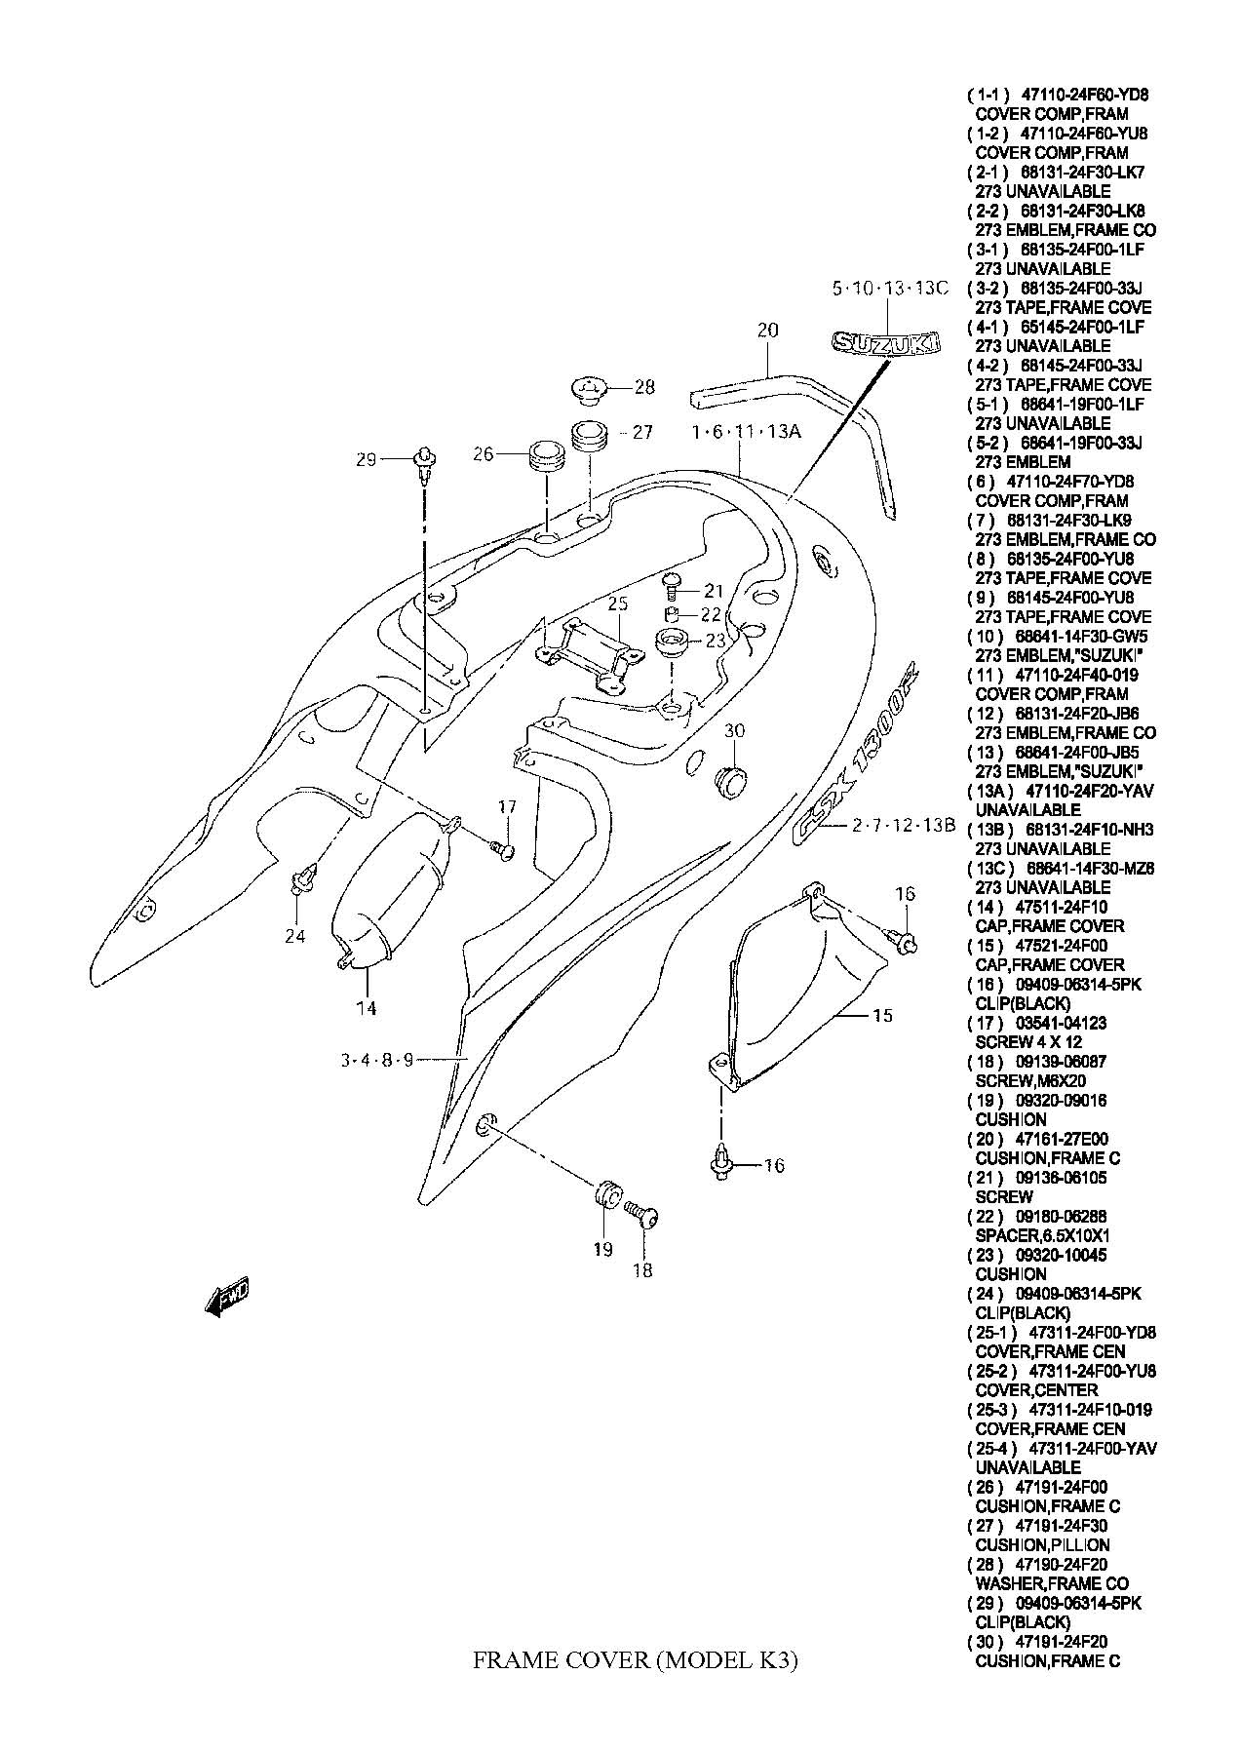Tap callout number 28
644,387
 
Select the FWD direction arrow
228,1298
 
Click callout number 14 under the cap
366,1008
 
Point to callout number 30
734,730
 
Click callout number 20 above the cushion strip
767,331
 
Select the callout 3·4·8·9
377,1061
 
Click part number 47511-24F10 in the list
1061,907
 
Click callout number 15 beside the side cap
881,1016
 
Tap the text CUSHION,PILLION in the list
1042,1544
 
